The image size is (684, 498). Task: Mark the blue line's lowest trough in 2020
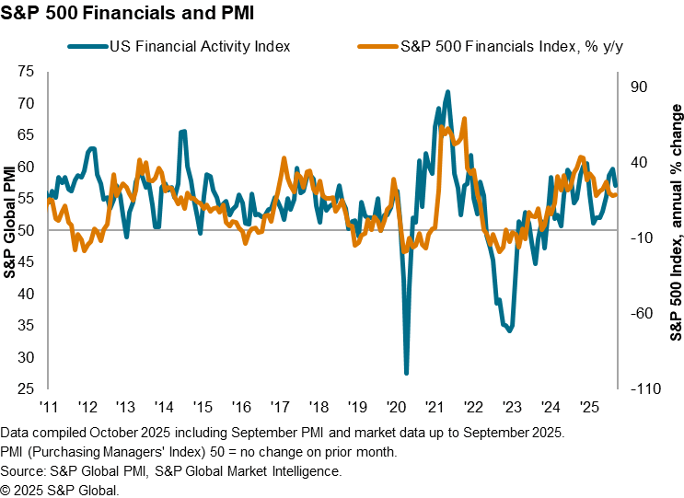pos(407,373)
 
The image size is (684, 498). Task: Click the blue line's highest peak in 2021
pos(448,92)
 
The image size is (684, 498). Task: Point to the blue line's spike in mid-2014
pos(183,132)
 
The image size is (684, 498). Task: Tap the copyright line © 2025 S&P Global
pos(60,489)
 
